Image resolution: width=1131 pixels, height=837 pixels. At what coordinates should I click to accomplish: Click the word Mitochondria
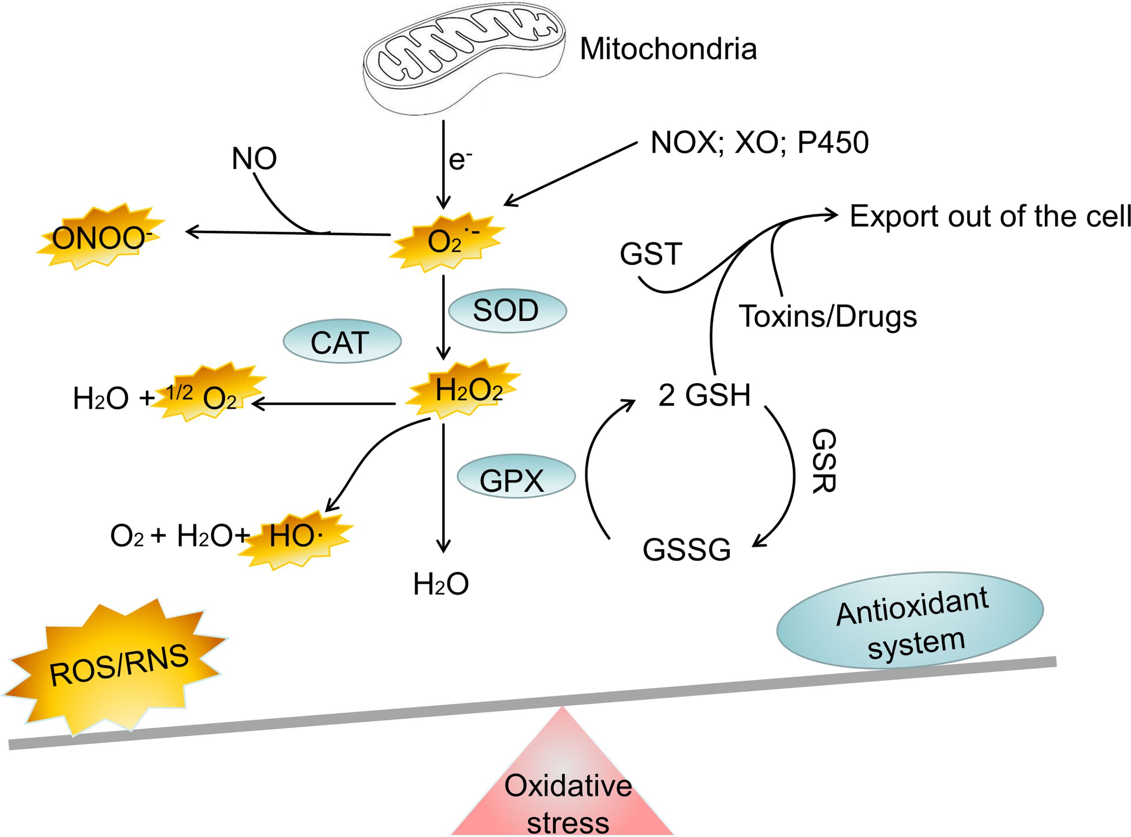coord(668,49)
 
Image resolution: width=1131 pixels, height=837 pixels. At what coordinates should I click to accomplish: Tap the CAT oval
coord(342,343)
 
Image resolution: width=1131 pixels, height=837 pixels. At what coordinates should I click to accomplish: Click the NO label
coord(254,159)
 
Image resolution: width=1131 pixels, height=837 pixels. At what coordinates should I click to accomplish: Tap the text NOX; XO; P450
coord(759,143)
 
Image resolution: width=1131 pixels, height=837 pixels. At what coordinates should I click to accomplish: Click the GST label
coord(651,254)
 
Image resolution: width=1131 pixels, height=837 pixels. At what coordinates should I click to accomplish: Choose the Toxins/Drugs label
coord(828,317)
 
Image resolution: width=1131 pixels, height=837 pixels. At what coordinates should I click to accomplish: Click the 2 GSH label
coord(704,395)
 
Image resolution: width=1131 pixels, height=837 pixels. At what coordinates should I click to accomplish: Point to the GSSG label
coord(687,550)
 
